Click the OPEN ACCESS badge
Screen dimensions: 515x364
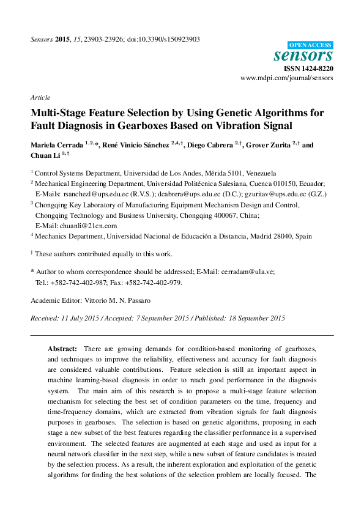coord(310,45)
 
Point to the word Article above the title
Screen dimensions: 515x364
coord(40,97)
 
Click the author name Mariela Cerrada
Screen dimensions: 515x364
coord(57,146)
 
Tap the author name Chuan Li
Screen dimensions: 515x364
coord(42,157)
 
